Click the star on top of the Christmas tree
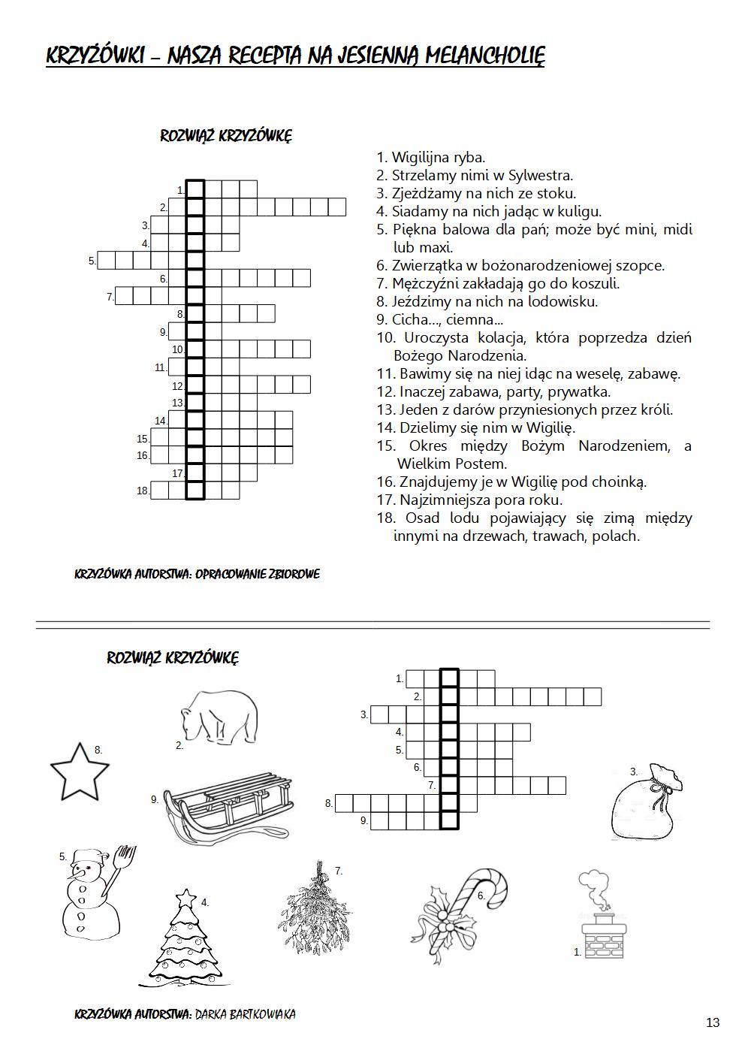(x=185, y=898)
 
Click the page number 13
(x=713, y=1022)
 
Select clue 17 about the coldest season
(x=481, y=500)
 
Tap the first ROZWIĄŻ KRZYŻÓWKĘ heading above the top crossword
(x=226, y=136)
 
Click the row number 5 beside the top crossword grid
(x=92, y=261)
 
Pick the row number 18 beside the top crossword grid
(x=142, y=491)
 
